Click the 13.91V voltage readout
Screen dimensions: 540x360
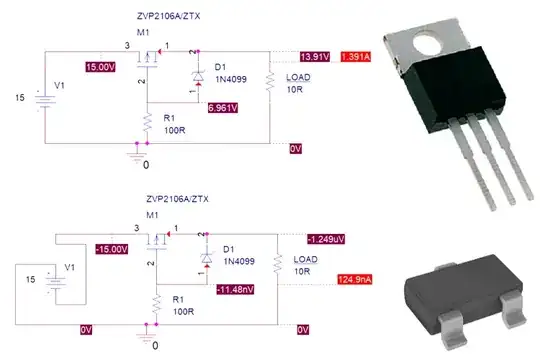[x=315, y=56]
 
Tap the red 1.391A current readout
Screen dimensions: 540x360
[x=356, y=56]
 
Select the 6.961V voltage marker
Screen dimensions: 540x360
[x=223, y=108]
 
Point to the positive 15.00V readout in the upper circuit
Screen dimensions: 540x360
[x=101, y=67]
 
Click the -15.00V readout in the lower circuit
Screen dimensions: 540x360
[x=112, y=249]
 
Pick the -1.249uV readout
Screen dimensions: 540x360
[x=326, y=239]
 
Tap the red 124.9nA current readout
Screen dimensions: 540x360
[x=355, y=279]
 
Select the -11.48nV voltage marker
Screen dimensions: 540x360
[x=235, y=289]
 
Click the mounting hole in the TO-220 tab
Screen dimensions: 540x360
[x=427, y=44]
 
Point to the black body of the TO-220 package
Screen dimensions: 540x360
[x=453, y=88]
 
